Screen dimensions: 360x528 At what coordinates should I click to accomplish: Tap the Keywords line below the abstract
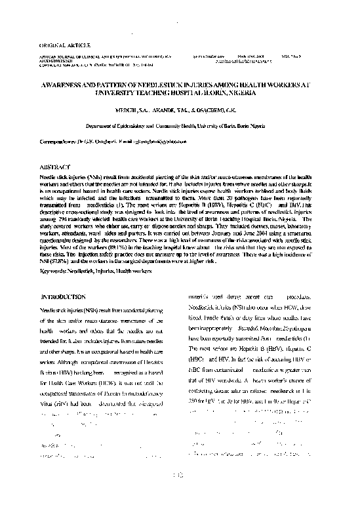tap(96, 270)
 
